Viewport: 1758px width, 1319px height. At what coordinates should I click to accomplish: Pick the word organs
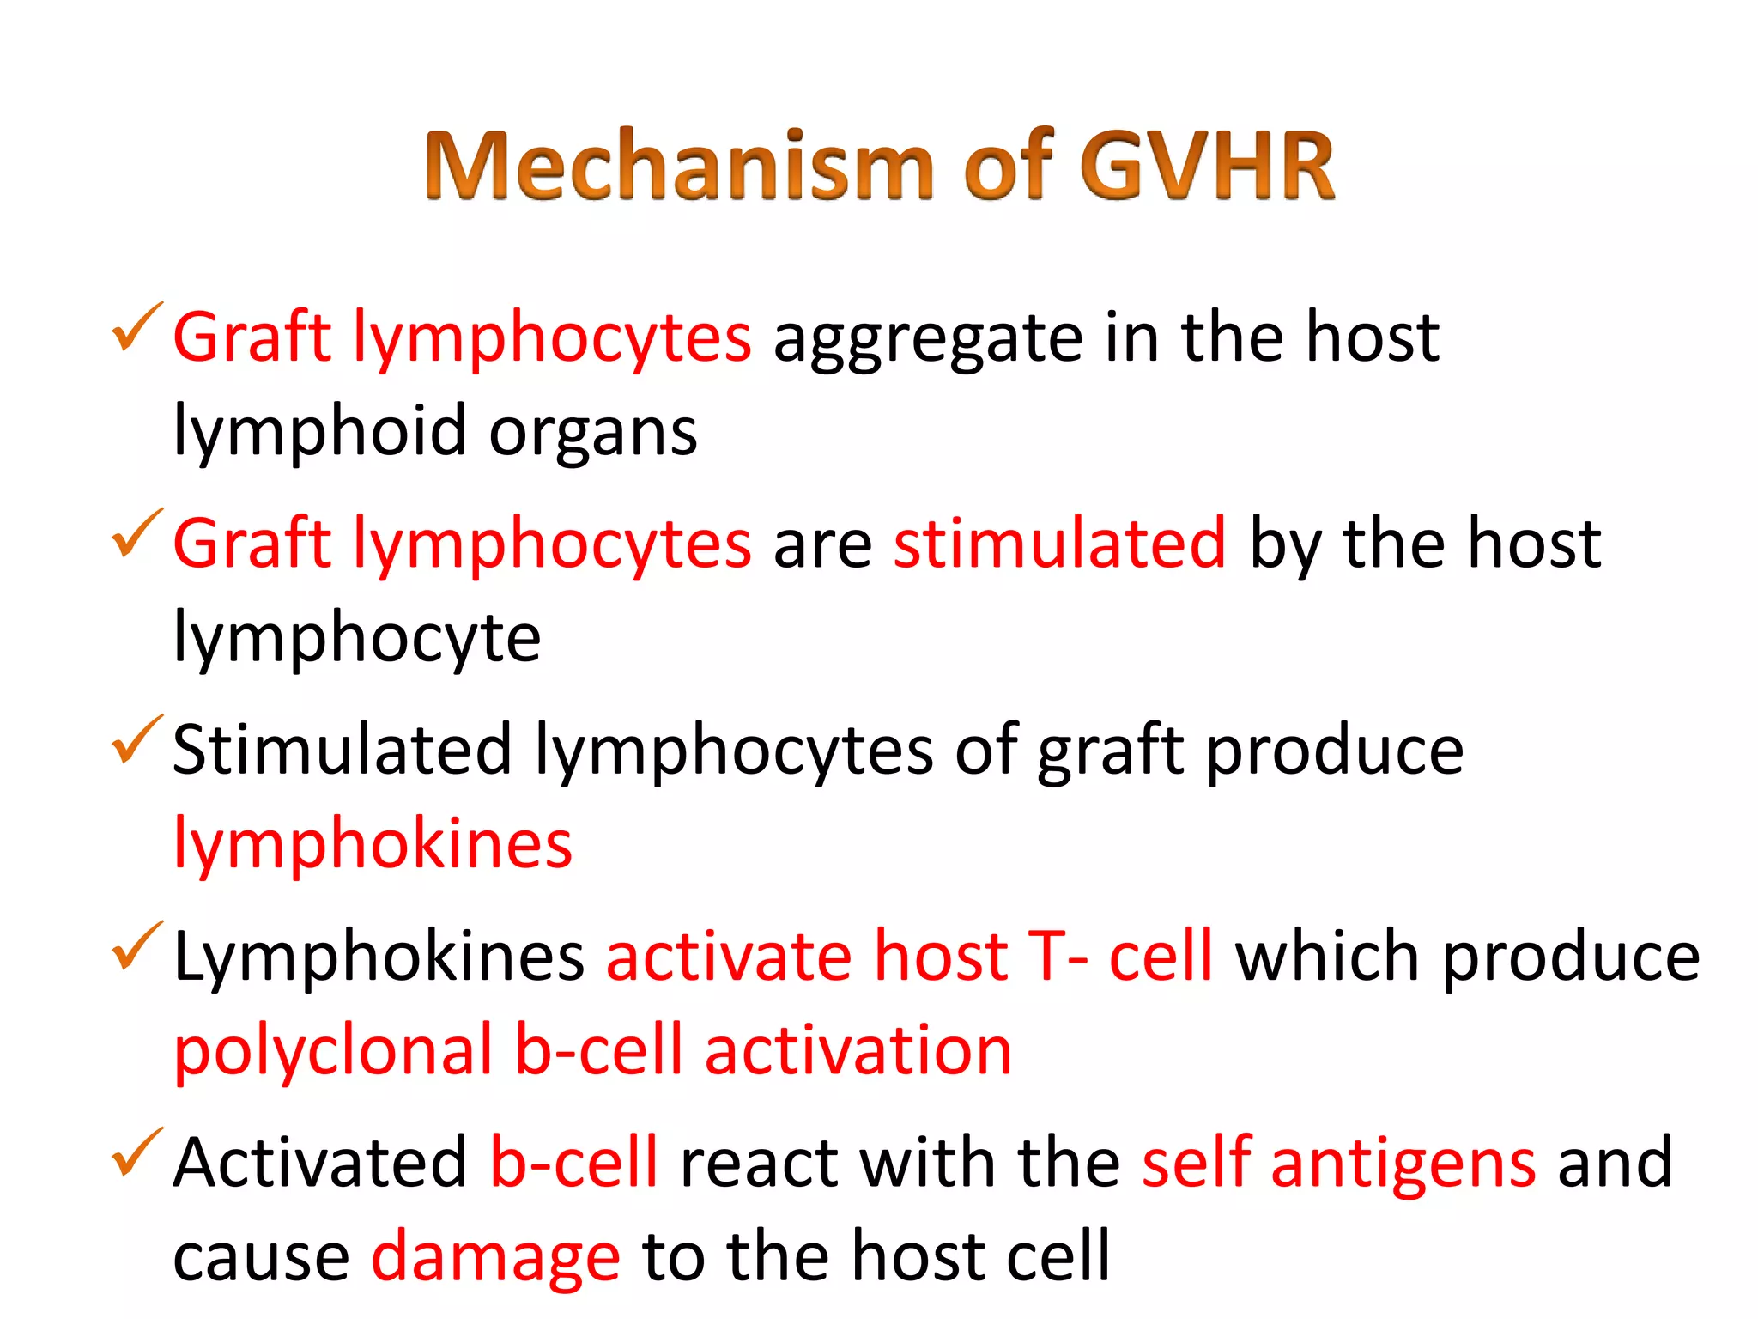pyautogui.click(x=592, y=432)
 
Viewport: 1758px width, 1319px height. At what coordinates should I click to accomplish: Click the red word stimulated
pyautogui.click(x=1059, y=544)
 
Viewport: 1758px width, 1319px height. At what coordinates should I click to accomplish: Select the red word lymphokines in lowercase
pyautogui.click(x=373, y=845)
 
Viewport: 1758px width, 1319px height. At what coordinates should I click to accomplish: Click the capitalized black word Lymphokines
pyautogui.click(x=379, y=957)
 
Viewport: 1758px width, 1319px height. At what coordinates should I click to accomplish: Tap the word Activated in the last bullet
pyautogui.click(x=320, y=1164)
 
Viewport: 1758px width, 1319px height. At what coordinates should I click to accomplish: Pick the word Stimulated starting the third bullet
pyautogui.click(x=342, y=751)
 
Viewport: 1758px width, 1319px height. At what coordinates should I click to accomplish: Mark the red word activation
pyautogui.click(x=858, y=1052)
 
